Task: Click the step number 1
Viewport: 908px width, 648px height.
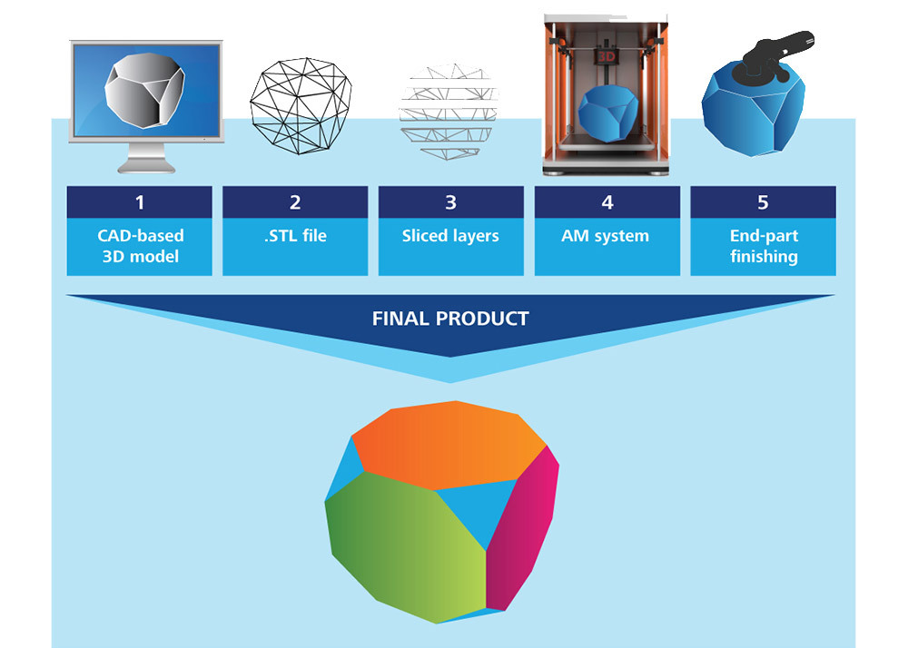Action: coord(140,202)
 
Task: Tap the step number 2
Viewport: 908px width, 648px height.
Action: coord(295,202)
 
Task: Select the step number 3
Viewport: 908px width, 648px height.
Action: coord(450,202)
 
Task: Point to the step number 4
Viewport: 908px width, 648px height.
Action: coord(607,202)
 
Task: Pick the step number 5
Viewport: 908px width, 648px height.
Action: coord(764,202)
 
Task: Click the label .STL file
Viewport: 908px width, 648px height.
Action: coord(295,235)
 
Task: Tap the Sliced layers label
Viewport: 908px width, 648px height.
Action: coord(450,236)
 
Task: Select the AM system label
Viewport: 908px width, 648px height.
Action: coord(605,236)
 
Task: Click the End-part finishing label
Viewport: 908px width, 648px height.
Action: coord(764,246)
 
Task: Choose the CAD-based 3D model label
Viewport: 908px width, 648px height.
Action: coord(140,246)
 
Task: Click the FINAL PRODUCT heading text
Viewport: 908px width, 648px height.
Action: coord(450,319)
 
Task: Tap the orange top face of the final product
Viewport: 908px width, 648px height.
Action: coord(449,443)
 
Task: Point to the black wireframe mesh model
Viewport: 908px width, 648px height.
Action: coord(301,106)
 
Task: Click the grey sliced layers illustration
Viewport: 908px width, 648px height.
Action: coord(449,112)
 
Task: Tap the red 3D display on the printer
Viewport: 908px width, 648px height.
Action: coord(606,56)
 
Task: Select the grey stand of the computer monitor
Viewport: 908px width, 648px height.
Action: coord(146,158)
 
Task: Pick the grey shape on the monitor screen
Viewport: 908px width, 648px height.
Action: coord(144,90)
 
